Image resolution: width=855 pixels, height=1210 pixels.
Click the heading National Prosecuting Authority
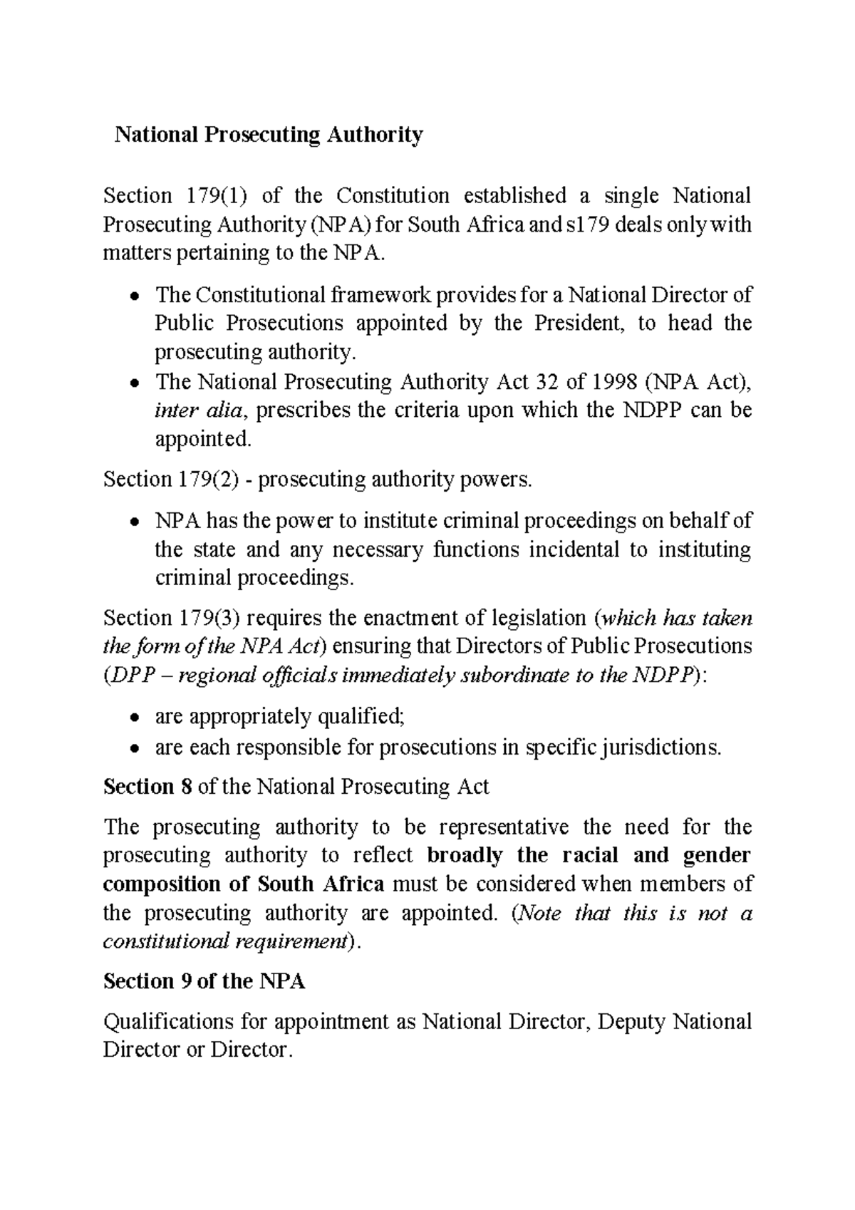tap(269, 135)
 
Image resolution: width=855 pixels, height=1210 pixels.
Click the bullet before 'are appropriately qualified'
tap(134, 718)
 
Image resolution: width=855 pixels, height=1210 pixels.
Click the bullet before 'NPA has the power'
tap(134, 522)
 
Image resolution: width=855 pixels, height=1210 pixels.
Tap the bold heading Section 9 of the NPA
tap(204, 981)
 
